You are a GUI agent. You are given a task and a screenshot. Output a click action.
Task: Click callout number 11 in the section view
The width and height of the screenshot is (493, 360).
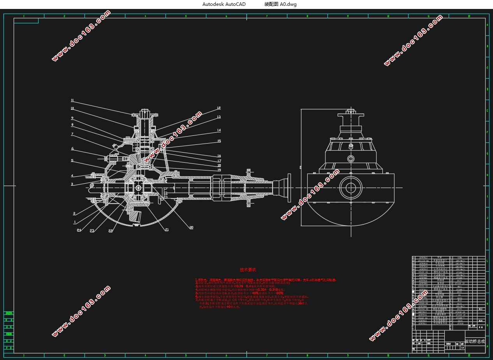(72, 100)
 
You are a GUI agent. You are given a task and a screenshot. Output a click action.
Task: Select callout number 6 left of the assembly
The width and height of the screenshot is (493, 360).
(72, 148)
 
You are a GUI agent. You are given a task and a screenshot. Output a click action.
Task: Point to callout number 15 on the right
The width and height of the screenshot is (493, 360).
(219, 141)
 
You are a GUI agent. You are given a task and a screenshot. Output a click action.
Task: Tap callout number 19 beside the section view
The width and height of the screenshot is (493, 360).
(219, 170)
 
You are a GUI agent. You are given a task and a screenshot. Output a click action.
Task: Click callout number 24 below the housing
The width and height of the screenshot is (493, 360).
(79, 230)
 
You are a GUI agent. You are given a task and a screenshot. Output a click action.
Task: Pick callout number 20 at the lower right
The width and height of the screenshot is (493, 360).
(191, 227)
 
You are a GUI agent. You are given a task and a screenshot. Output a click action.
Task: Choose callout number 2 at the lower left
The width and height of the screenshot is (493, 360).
(74, 213)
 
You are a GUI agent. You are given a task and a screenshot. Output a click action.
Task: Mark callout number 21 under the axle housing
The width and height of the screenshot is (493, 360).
(167, 230)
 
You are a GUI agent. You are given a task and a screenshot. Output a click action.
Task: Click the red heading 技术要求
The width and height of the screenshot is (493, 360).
(248, 270)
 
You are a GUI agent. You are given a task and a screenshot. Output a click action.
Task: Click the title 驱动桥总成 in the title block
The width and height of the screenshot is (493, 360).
(475, 341)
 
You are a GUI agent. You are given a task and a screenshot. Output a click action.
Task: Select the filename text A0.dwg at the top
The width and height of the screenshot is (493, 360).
(288, 4)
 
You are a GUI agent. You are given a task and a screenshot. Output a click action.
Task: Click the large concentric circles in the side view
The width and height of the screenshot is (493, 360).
(351, 187)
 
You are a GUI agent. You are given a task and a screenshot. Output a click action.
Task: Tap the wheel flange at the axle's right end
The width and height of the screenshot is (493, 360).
(289, 187)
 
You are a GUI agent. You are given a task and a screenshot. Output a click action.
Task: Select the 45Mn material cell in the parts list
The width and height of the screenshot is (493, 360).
(460, 258)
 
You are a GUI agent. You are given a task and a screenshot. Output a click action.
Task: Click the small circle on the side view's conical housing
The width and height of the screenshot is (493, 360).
(351, 159)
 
